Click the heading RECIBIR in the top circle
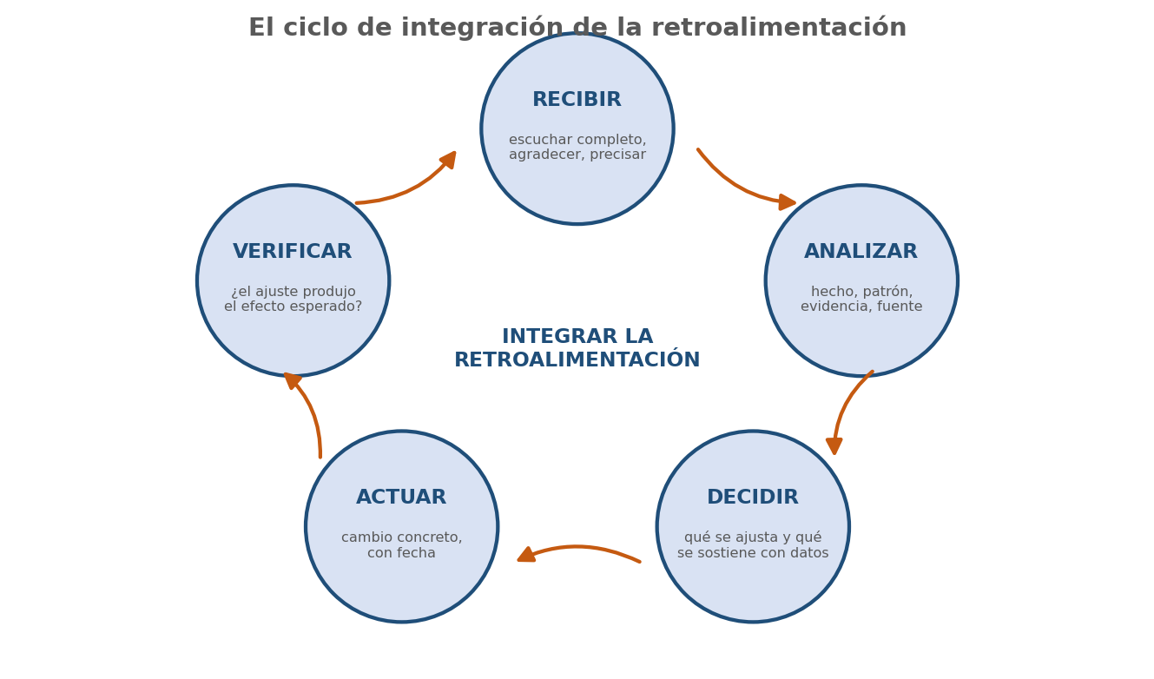[x=577, y=100]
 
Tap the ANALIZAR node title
[x=861, y=252]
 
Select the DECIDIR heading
[x=752, y=498]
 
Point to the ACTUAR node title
[x=401, y=498]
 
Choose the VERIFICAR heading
[x=292, y=252]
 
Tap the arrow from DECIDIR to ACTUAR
[x=577, y=547]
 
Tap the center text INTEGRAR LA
[x=577, y=336]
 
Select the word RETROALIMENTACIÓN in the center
[x=577, y=359]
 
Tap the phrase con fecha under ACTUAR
[x=401, y=553]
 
